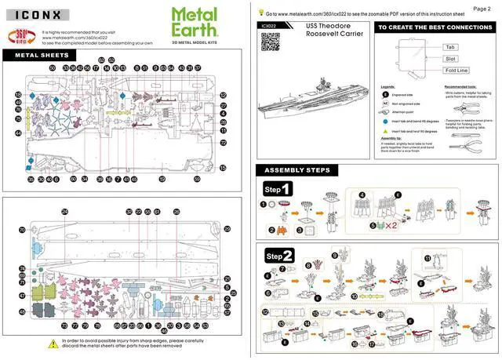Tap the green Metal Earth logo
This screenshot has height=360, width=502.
click(195, 19)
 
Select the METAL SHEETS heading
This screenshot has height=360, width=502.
click(42, 56)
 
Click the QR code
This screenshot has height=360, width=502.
click(269, 42)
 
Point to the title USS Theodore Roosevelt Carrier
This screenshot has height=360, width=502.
click(328, 31)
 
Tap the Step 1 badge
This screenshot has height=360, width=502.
click(278, 189)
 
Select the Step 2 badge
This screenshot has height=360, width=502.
click(279, 256)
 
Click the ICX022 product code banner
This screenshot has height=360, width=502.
click(269, 25)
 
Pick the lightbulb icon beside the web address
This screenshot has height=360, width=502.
click(260, 13)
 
